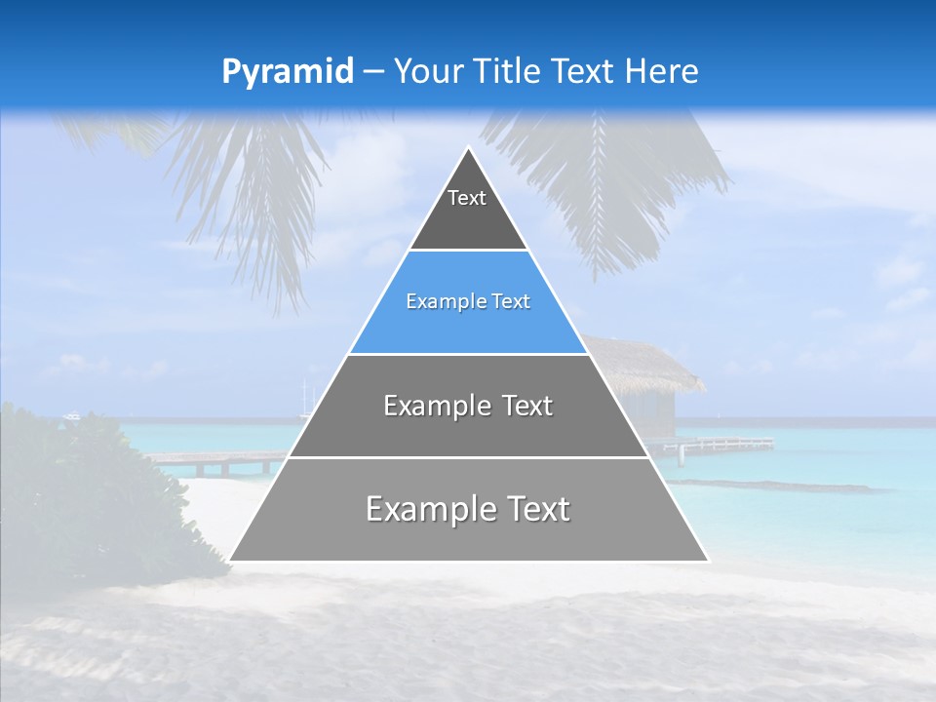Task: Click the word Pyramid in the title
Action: tap(287, 72)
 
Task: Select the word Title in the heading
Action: tap(508, 71)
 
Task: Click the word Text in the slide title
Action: tap(584, 71)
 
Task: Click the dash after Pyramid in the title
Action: tap(371, 72)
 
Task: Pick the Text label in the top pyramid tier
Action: tap(467, 198)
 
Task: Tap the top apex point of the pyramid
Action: tap(469, 148)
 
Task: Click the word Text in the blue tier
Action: tap(511, 302)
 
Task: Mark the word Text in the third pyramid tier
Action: tap(527, 406)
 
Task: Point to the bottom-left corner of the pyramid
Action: tap(231, 561)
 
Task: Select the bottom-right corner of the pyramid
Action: tap(707, 561)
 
